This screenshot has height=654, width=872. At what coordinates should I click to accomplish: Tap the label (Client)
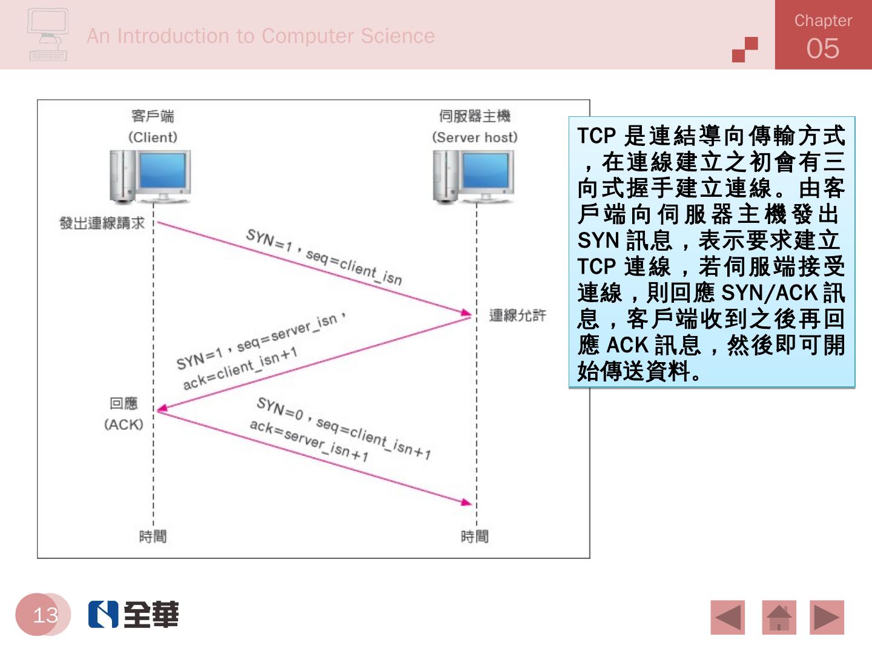153,137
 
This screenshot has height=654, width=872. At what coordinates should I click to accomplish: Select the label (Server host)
475,137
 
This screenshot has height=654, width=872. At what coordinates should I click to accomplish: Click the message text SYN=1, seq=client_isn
323,257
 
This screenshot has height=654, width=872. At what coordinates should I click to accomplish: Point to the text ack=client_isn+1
240,368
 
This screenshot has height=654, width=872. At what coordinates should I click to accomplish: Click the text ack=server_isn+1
309,440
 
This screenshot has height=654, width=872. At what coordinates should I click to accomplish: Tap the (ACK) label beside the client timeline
124,424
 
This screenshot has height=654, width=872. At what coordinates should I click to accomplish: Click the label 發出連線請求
102,223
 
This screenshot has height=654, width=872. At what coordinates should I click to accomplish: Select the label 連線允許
517,315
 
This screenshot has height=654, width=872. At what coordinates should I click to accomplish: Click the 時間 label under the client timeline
153,536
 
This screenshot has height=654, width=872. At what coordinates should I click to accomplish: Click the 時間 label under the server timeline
475,536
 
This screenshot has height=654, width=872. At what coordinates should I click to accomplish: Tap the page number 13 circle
44,615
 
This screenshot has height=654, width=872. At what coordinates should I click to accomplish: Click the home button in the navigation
779,617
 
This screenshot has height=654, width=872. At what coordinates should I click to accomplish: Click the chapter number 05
822,48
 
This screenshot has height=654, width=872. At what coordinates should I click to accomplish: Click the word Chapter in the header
822,21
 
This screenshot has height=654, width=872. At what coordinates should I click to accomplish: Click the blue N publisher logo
103,614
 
